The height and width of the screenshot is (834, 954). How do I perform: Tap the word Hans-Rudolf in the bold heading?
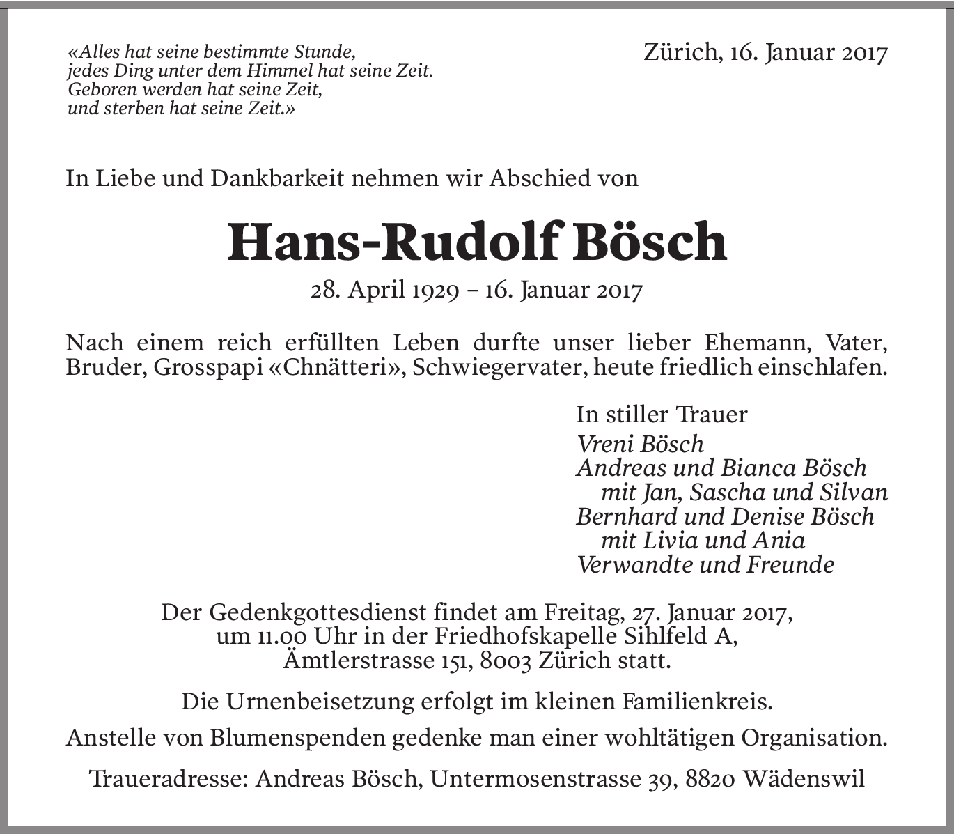pyautogui.click(x=393, y=242)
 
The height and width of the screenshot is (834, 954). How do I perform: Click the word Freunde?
pyautogui.click(x=790, y=565)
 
